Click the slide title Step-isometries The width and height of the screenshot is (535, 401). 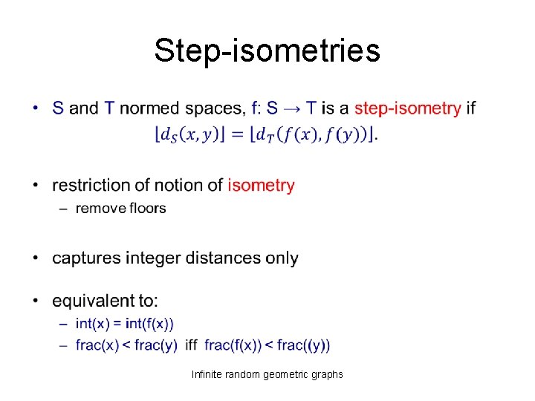pyautogui.click(x=267, y=51)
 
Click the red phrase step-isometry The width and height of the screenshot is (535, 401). pyautogui.click(x=407, y=108)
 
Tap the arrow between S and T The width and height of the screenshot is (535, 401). pyautogui.click(x=292, y=109)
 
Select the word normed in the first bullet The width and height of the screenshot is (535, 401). pyautogui.click(x=146, y=108)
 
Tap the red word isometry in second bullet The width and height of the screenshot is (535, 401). pyautogui.click(x=261, y=185)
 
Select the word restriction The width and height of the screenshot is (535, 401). pyautogui.click(x=88, y=185)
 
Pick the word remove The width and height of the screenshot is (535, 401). pyautogui.click(x=100, y=208)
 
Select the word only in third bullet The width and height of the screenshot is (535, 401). pyautogui.click(x=282, y=258)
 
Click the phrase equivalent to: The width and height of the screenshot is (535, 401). pyautogui.click(x=105, y=301)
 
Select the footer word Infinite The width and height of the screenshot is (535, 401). pyautogui.click(x=207, y=374)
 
